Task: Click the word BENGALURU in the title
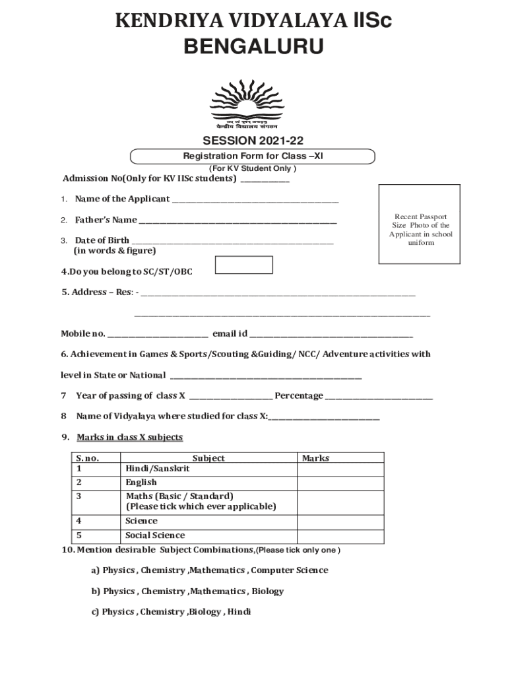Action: coord(253,47)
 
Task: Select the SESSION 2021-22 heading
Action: coord(253,141)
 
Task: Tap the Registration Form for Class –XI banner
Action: coord(253,156)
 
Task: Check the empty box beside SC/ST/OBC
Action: coord(245,265)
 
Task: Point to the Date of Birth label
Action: coord(102,240)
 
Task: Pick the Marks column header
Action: coord(315,458)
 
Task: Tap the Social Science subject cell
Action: coord(155,535)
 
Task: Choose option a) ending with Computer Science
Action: coord(209,570)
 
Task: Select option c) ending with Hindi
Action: coord(171,612)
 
